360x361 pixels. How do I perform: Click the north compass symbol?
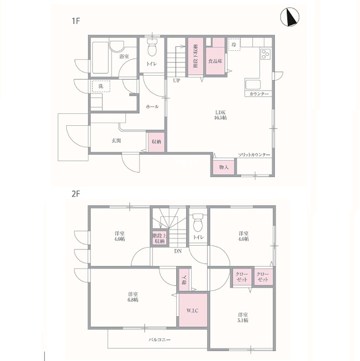pyautogui.click(x=289, y=17)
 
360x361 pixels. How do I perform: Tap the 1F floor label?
pyautogui.click(x=76, y=21)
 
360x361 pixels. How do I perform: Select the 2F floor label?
pyautogui.click(x=76, y=194)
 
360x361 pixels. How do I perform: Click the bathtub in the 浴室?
pyautogui.click(x=100, y=57)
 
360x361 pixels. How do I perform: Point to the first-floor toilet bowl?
pyautogui.click(x=152, y=47)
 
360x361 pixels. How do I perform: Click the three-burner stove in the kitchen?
pyautogui.click(x=266, y=54)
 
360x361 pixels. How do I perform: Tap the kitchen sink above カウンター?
pyautogui.click(x=253, y=84)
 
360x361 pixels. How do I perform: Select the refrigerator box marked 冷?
pyautogui.click(x=234, y=44)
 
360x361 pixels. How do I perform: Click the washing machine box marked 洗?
pyautogui.click(x=101, y=86)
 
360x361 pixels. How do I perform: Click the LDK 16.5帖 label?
pyautogui.click(x=220, y=115)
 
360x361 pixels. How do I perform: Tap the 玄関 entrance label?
pyautogui.click(x=117, y=140)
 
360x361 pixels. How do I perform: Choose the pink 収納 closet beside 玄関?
pyautogui.click(x=156, y=142)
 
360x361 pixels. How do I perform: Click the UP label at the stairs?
pyautogui.click(x=177, y=81)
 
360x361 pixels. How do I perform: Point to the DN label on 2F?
pyautogui.click(x=178, y=251)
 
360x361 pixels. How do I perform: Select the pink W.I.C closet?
pyautogui.click(x=193, y=310)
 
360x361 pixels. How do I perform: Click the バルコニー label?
pyautogui.click(x=160, y=339)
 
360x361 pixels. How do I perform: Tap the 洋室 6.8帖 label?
pyautogui.click(x=133, y=297)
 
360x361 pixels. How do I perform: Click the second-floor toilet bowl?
pyautogui.click(x=198, y=222)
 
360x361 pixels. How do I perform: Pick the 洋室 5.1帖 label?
pyautogui.click(x=243, y=317)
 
